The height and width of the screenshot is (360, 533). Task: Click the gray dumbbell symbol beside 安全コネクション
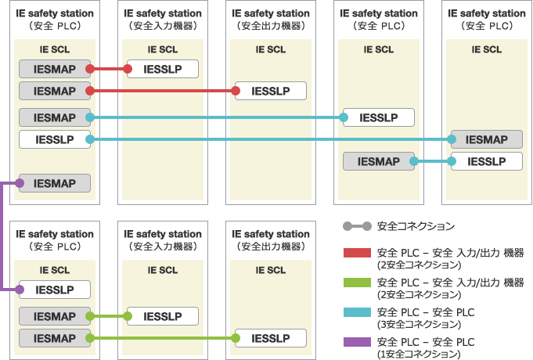(357, 226)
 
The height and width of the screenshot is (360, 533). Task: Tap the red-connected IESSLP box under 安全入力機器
(163, 69)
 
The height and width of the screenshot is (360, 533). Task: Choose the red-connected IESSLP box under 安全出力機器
(271, 91)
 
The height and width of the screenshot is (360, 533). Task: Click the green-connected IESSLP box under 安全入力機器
(163, 317)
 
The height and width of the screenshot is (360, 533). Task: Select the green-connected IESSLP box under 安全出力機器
(271, 339)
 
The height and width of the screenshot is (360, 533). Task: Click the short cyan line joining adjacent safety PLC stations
(433, 161)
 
